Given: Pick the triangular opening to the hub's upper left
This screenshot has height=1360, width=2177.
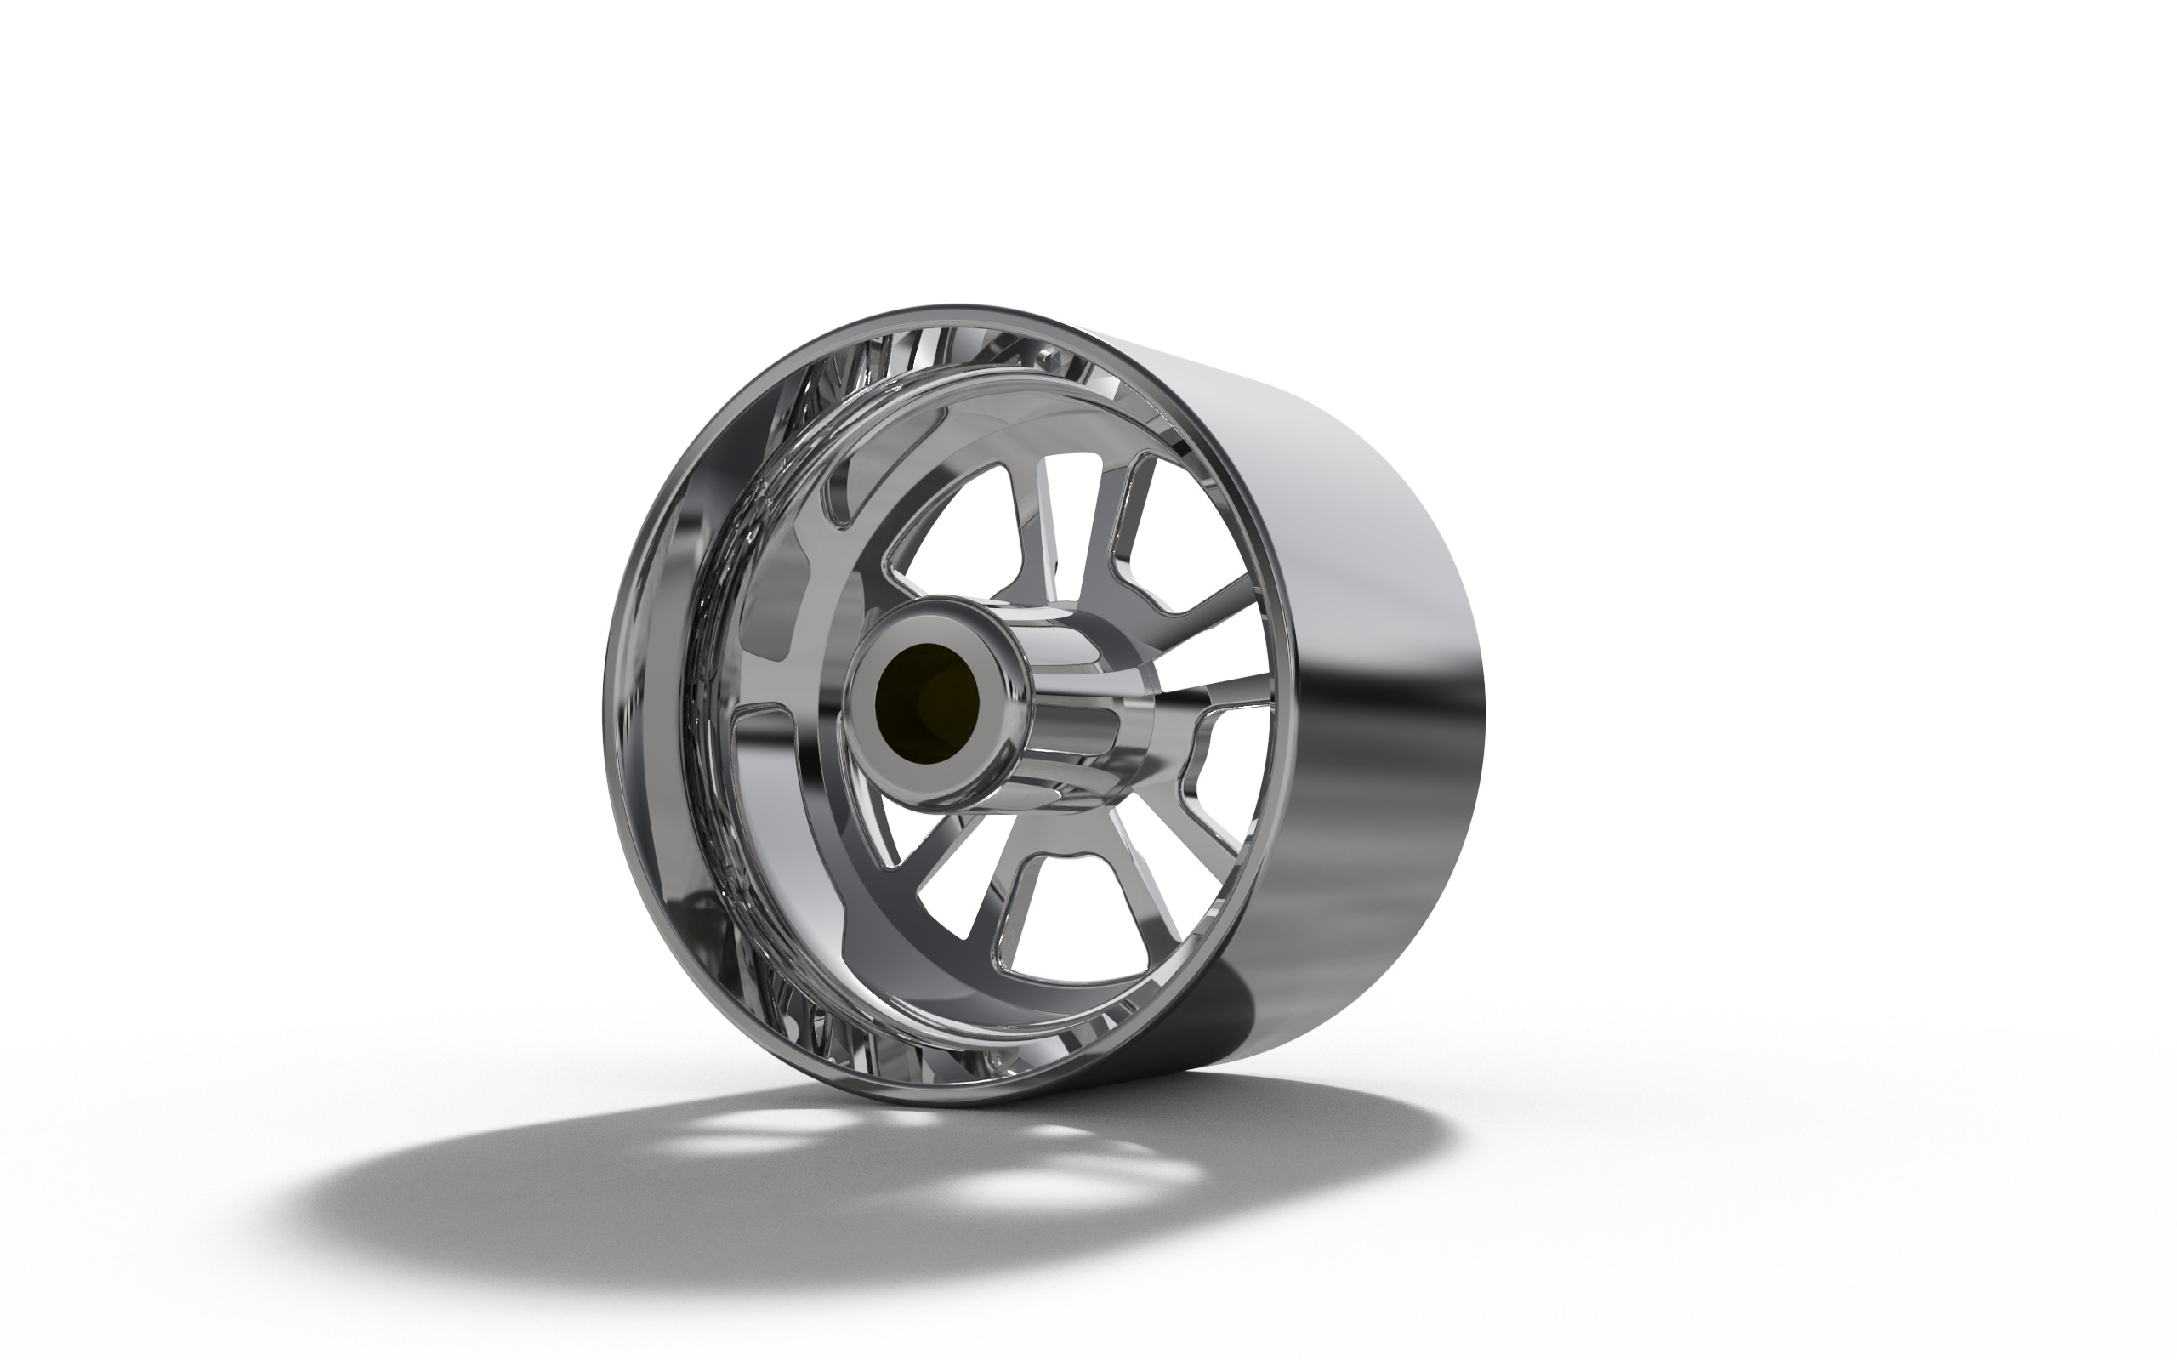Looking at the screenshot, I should click(958, 531).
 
